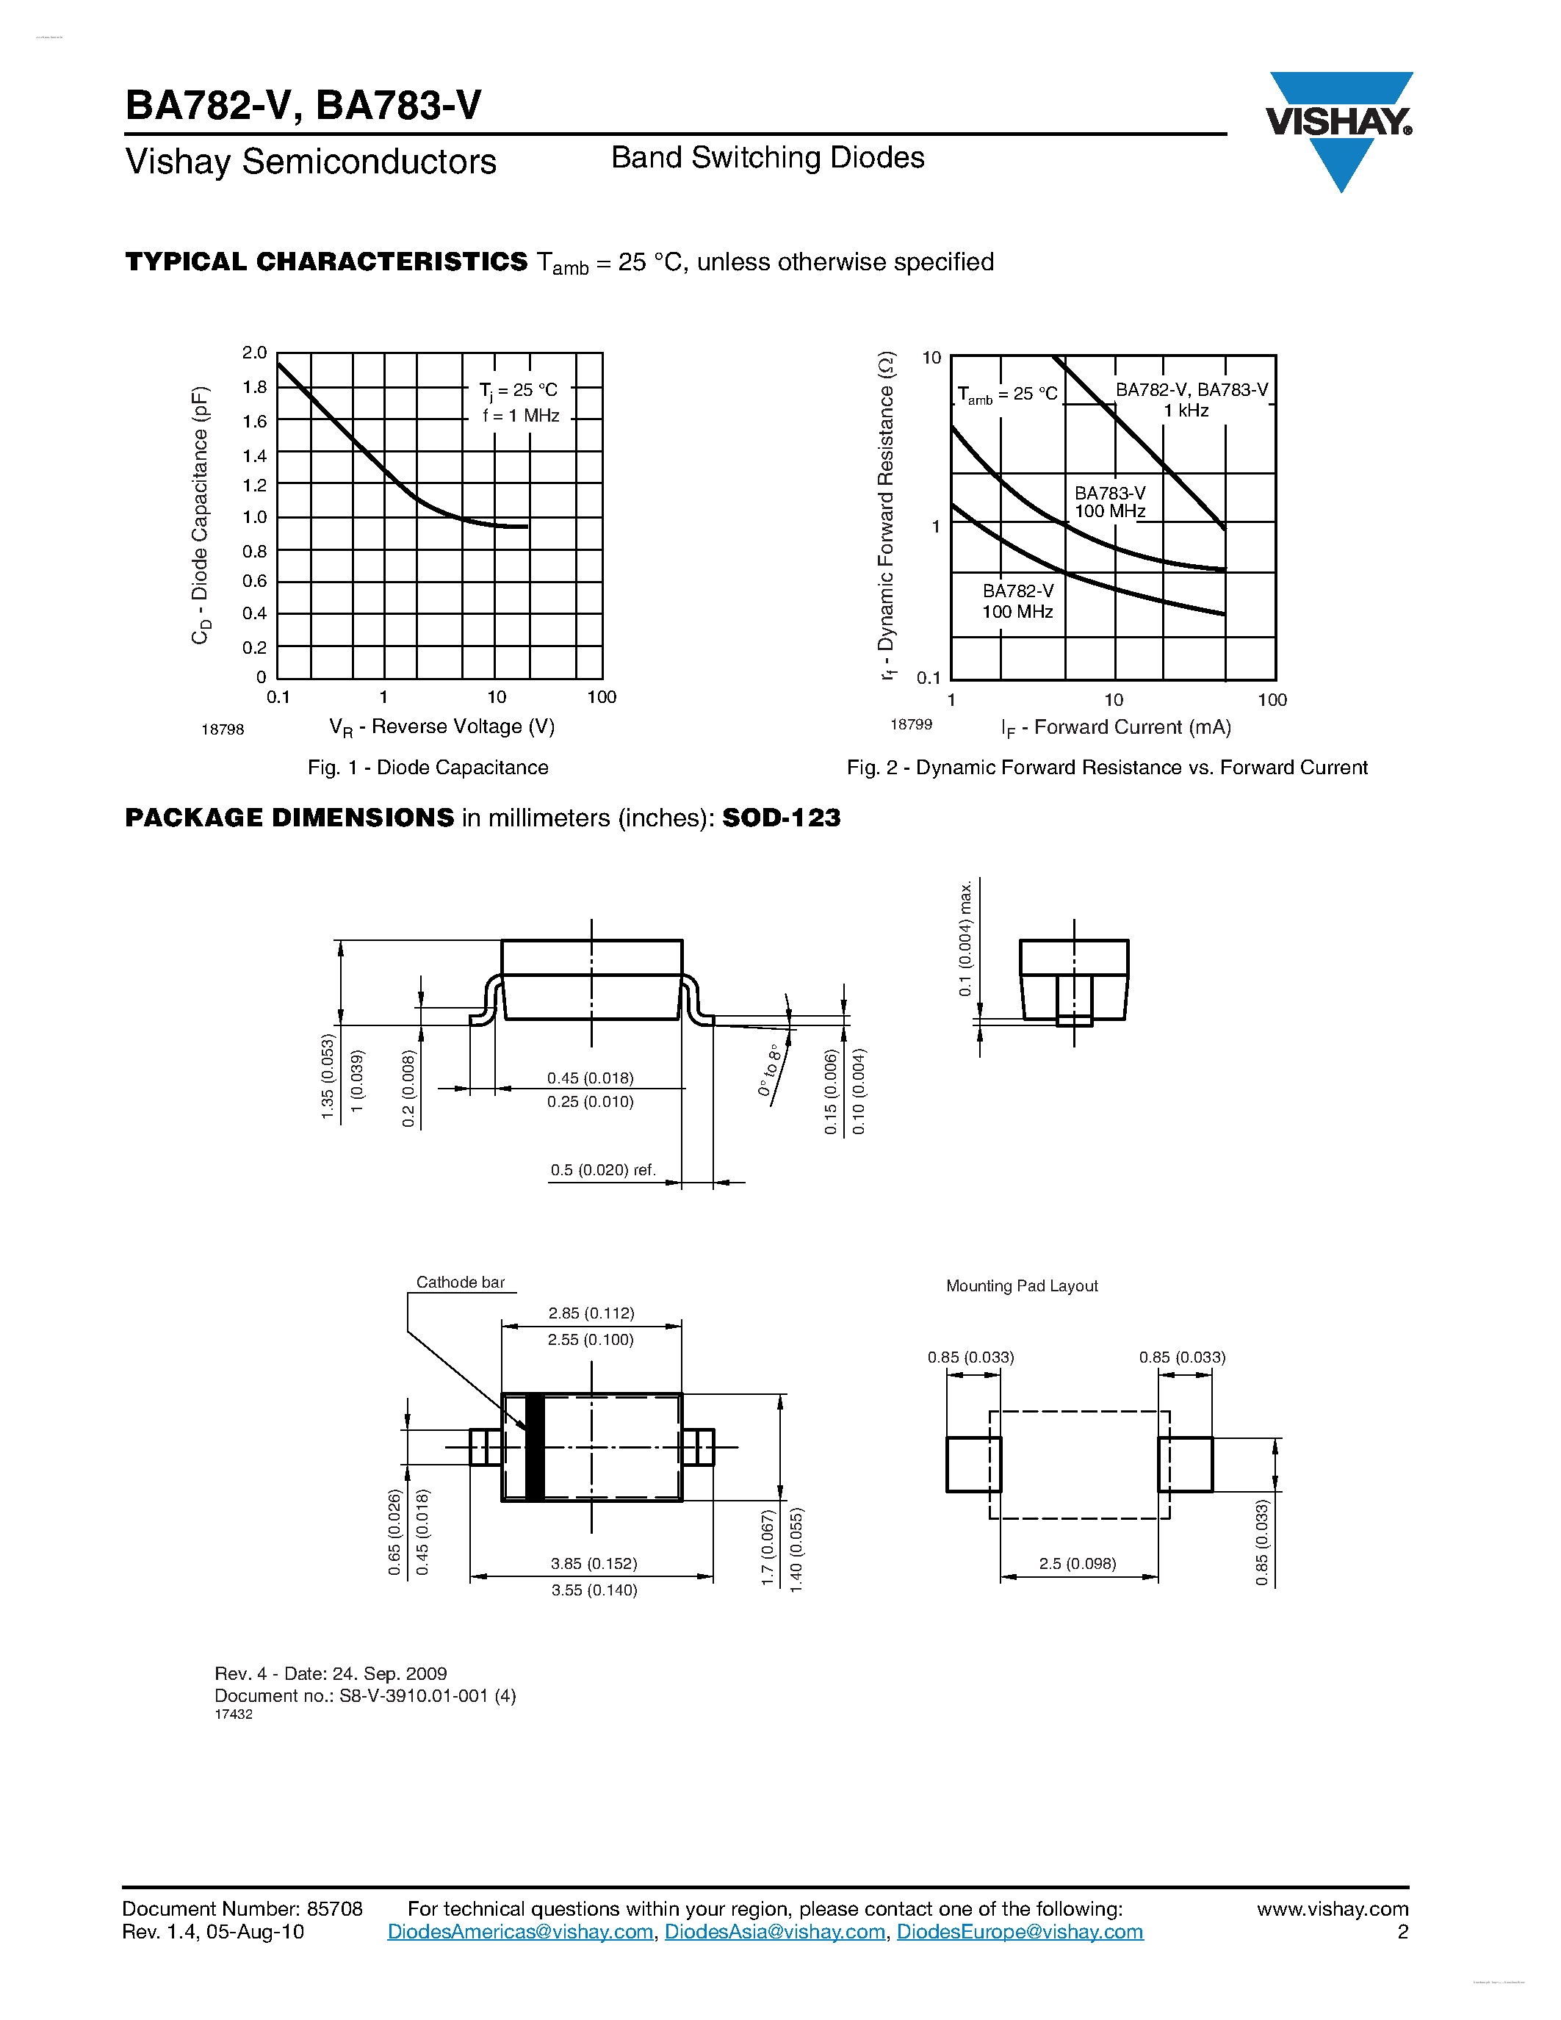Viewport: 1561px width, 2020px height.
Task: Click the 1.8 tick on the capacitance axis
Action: pyautogui.click(x=254, y=386)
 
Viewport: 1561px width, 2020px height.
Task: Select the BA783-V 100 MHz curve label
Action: pyautogui.click(x=1110, y=502)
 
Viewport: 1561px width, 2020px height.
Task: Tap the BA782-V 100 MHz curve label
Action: pyautogui.click(x=1017, y=601)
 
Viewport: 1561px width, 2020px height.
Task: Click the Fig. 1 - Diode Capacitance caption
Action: pyautogui.click(x=428, y=768)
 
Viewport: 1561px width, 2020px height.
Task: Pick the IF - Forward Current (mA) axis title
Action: pyautogui.click(x=1115, y=728)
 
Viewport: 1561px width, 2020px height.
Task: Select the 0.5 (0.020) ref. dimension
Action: pyautogui.click(x=603, y=1170)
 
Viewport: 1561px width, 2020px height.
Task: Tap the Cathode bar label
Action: pyautogui.click(x=460, y=1282)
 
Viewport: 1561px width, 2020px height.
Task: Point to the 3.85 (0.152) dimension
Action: pyautogui.click(x=594, y=1564)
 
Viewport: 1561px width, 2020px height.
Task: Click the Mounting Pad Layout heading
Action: pyautogui.click(x=1022, y=1285)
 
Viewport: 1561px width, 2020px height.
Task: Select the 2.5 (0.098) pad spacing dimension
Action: pyautogui.click(x=1078, y=1564)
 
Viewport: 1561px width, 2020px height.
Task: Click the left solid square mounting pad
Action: pyautogui.click(x=973, y=1464)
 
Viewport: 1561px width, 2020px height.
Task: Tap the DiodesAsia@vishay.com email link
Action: pyautogui.click(x=775, y=1931)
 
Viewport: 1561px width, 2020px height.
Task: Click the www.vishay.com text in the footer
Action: pyautogui.click(x=1332, y=1909)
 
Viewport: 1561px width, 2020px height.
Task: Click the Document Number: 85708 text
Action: pyautogui.click(x=242, y=1909)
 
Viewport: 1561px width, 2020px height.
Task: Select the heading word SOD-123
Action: pyautogui.click(x=782, y=818)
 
